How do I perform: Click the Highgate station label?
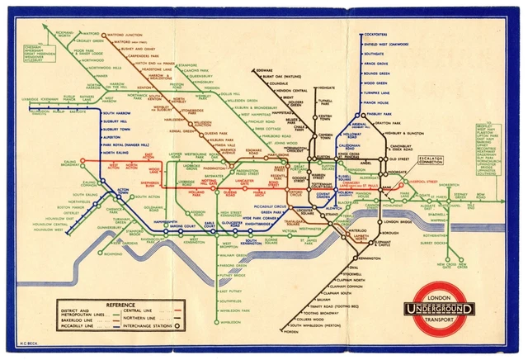coord(325,85)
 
